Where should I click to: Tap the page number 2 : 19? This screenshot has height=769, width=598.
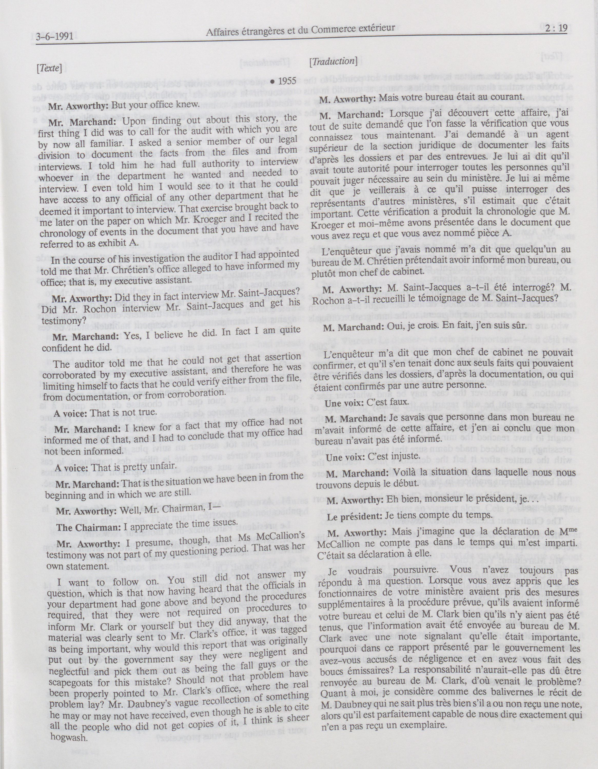tap(556, 28)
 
